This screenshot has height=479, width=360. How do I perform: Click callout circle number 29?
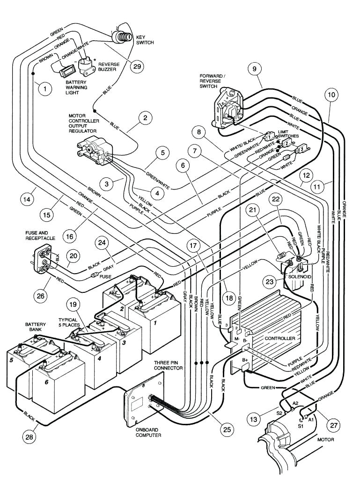[x=137, y=66]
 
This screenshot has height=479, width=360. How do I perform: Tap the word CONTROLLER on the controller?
[x=280, y=338]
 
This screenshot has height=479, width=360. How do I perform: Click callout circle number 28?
[x=29, y=437]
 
